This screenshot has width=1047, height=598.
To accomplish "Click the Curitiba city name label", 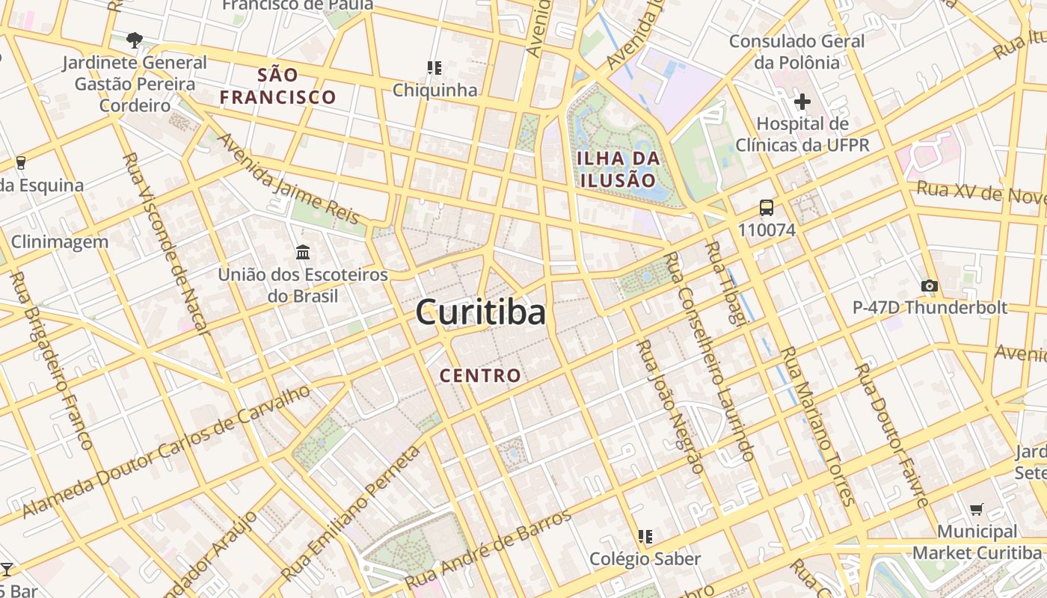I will [481, 312].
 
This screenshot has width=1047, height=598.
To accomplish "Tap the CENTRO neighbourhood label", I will [480, 375].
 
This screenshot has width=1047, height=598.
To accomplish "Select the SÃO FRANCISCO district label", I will [278, 86].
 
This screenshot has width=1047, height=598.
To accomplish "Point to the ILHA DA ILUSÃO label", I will [618, 169].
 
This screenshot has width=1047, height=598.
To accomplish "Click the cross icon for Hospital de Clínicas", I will [802, 102].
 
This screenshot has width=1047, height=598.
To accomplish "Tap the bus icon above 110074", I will [767, 208].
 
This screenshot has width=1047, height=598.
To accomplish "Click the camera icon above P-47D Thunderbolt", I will [930, 286].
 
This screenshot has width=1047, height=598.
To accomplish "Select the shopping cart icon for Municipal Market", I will [976, 510].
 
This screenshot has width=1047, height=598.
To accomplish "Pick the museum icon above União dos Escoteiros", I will [303, 253].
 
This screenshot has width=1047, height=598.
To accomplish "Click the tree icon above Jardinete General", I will [135, 40].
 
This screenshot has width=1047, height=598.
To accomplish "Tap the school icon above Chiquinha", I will [435, 68].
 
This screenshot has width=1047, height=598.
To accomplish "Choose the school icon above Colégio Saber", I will [645, 536].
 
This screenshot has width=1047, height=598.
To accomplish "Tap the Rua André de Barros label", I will [488, 548].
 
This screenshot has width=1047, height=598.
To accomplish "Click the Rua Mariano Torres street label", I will [817, 426].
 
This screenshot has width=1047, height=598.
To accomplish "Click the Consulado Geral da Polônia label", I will [796, 51].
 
